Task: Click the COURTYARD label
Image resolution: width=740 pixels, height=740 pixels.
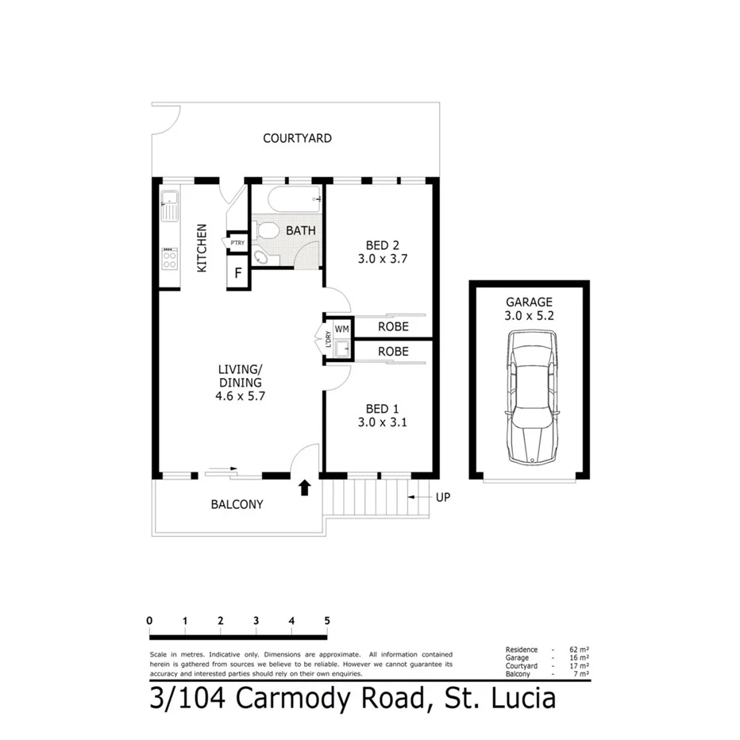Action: (297, 138)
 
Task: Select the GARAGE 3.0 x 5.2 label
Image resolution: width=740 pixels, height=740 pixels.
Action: (529, 309)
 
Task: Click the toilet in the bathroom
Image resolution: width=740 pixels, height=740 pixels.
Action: (268, 231)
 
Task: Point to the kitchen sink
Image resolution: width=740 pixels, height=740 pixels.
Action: (168, 206)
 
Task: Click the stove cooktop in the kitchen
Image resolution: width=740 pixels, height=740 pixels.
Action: (169, 260)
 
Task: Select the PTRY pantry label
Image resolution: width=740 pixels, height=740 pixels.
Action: (237, 243)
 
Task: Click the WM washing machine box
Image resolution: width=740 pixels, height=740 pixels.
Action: (341, 328)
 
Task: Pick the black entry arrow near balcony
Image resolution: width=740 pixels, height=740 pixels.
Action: (304, 487)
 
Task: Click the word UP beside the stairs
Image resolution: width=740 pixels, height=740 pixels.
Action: (443, 497)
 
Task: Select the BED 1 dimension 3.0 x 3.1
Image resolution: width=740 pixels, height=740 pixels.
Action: (382, 422)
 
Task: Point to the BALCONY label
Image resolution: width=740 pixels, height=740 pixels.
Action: (237, 504)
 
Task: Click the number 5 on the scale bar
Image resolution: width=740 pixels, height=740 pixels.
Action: (326, 621)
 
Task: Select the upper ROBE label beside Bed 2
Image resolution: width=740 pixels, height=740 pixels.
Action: (393, 326)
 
